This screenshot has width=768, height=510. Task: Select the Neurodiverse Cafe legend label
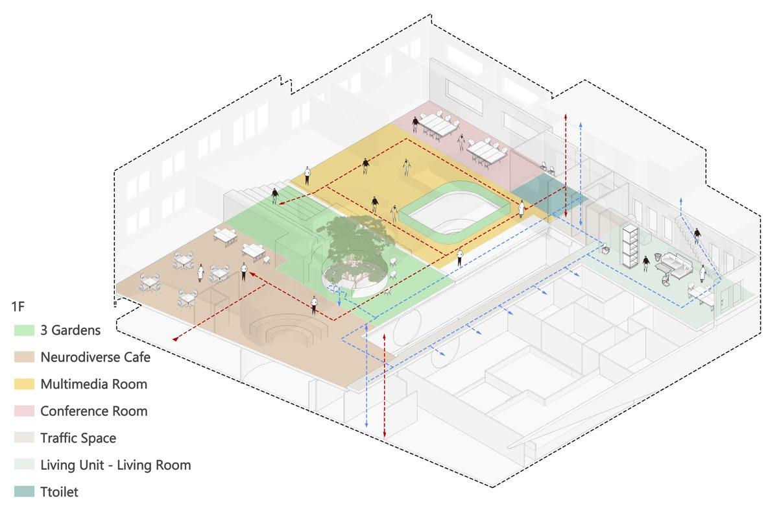click(x=95, y=357)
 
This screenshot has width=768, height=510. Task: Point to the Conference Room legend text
click(x=93, y=411)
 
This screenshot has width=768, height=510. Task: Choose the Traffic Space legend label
click(x=78, y=438)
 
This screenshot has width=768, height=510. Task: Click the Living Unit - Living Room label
click(x=115, y=465)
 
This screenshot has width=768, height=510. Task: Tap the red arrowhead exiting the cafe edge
click(x=176, y=338)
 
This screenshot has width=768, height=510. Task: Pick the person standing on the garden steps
click(x=275, y=195)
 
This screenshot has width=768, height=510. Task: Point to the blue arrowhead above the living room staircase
click(x=680, y=200)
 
